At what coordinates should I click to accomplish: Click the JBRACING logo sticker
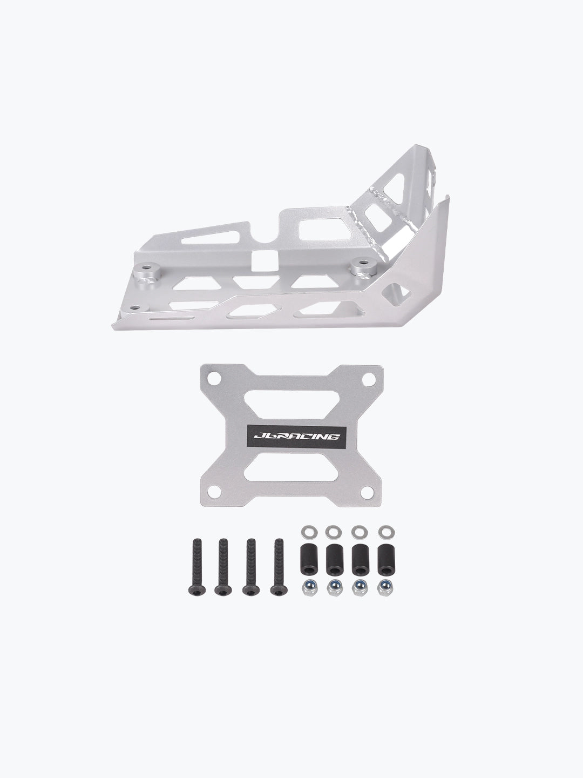pos(294,435)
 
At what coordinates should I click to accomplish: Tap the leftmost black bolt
pos(194,567)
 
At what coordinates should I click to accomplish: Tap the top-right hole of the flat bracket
pos(370,379)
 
